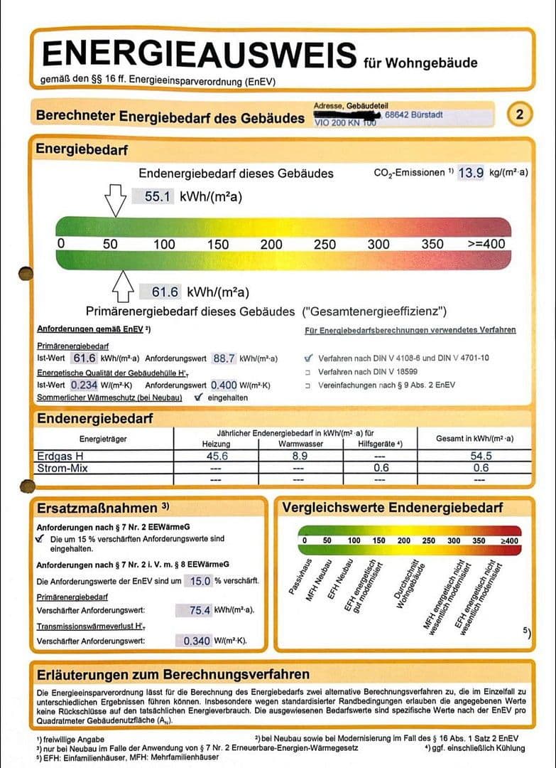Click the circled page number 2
click(520, 114)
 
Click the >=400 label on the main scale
click(486, 244)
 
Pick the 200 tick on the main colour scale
click(271, 244)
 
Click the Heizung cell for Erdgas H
click(216, 456)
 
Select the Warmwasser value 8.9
click(300, 456)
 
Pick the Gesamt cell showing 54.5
click(481, 456)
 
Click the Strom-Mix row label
click(62, 467)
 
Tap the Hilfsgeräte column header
click(381, 444)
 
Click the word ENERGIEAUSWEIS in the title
click(200, 55)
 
